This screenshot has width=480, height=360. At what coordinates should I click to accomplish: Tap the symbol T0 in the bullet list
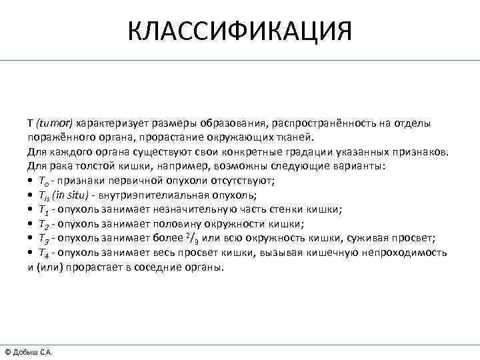tap(42, 181)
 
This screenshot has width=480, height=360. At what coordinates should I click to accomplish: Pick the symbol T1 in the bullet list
tap(42, 209)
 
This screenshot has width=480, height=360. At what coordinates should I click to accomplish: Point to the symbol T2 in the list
tap(42, 224)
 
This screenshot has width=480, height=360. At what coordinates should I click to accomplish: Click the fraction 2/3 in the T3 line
tap(189, 238)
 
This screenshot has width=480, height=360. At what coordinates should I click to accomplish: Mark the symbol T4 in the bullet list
tap(42, 253)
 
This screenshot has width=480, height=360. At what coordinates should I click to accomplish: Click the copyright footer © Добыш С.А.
tap(28, 352)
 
